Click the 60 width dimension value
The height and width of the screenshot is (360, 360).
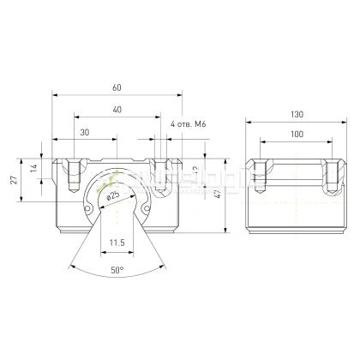(116, 87)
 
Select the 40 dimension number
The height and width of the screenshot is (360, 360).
(116, 109)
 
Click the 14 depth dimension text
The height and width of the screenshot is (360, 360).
(35, 170)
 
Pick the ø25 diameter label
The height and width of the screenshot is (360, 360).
(113, 195)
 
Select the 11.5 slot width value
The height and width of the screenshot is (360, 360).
(117, 243)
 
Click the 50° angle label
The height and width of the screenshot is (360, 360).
(117, 269)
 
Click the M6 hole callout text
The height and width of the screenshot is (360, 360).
(189, 125)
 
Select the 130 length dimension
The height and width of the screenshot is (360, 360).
(296, 115)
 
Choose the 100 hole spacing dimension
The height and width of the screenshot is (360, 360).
(296, 135)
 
